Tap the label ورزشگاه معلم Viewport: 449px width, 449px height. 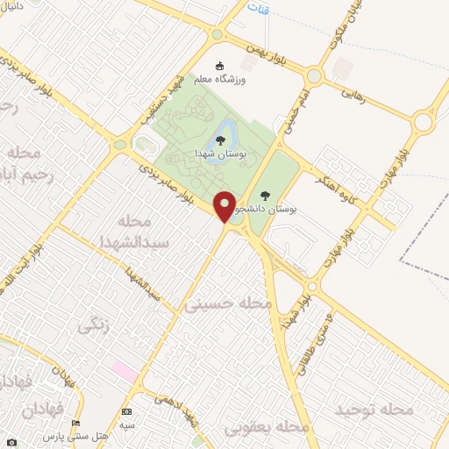coord(246,79)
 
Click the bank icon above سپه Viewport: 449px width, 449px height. coord(128,411)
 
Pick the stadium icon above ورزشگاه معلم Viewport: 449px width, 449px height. coord(220,64)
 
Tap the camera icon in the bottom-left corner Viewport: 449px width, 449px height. coord(11,441)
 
